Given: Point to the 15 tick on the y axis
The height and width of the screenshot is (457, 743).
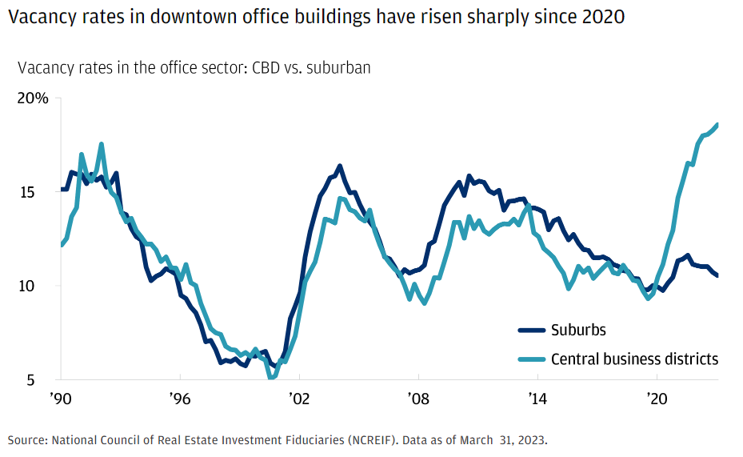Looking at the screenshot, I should tap(38, 192).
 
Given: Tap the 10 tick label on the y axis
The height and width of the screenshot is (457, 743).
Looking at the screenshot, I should tap(38, 286).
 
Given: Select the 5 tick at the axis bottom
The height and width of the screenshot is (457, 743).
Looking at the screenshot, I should tap(43, 379).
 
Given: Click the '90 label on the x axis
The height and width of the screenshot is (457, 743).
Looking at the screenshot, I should tap(59, 398).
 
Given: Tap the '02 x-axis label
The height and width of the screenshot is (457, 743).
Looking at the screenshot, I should tap(299, 398).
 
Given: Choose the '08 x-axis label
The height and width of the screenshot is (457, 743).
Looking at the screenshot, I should tap(418, 398).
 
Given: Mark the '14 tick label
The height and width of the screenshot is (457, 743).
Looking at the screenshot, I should tap(537, 398).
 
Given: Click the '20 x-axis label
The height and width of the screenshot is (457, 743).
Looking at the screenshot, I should tap(657, 398).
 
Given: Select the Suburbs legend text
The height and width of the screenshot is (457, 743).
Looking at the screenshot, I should tap(577, 330).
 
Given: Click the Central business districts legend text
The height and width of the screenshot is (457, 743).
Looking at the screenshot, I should tap(634, 359).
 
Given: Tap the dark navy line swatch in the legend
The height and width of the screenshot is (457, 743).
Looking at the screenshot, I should tap(531, 330).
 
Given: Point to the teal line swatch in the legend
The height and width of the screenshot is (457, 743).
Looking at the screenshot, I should tap(531, 359).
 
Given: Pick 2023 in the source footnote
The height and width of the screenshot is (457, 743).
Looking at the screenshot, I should tap(532, 439).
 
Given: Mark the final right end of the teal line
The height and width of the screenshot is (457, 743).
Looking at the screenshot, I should tap(717, 125).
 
